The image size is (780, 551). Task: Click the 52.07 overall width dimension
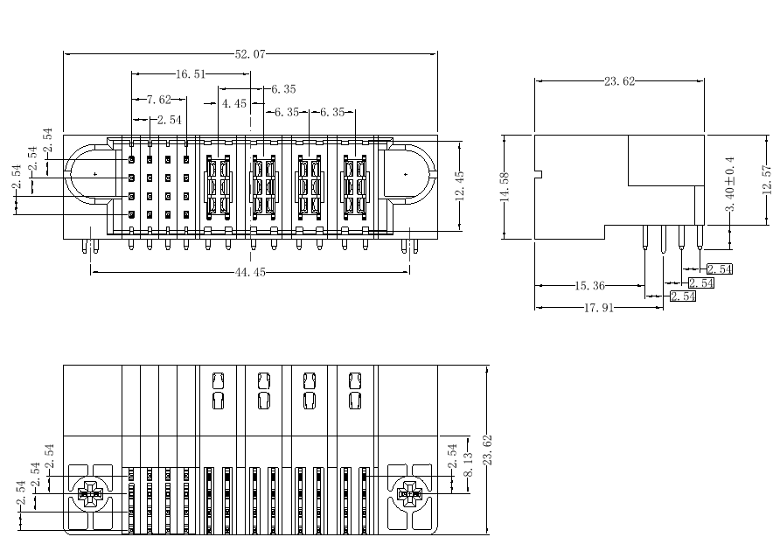[x=250, y=53]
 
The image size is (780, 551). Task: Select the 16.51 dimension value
[x=191, y=74]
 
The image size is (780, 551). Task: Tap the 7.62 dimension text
[x=158, y=100]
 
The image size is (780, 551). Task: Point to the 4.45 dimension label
[x=233, y=103]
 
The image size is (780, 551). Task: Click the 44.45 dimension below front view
[x=250, y=272]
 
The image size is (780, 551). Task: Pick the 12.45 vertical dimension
[x=459, y=185]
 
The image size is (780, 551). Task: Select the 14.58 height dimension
[x=505, y=186]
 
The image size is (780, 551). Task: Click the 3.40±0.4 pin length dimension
[x=730, y=185]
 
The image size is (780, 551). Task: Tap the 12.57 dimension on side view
[x=767, y=179]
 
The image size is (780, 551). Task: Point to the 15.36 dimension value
[x=590, y=286]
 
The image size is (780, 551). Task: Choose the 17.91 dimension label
[x=599, y=308]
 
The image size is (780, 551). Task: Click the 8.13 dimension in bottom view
[x=468, y=464]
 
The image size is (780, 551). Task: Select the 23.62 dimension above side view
[x=619, y=81]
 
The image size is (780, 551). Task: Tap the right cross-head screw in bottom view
[x=409, y=494]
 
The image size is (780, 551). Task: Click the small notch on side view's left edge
[x=539, y=174]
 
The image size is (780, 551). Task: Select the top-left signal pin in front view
[x=131, y=160]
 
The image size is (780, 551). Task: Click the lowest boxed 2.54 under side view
[x=683, y=296]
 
